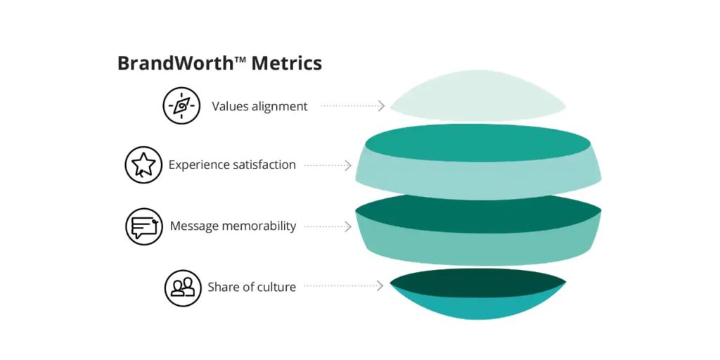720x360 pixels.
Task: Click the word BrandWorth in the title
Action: click(174, 63)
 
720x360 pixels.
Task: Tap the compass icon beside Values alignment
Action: click(181, 106)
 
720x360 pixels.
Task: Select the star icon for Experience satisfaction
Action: click(143, 165)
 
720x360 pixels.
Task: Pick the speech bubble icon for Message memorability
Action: click(143, 226)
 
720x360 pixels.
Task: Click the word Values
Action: click(229, 107)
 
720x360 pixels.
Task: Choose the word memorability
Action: click(260, 226)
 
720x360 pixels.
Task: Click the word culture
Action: click(274, 287)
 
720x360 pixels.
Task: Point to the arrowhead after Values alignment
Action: click(381, 106)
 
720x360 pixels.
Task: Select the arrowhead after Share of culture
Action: click(380, 285)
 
